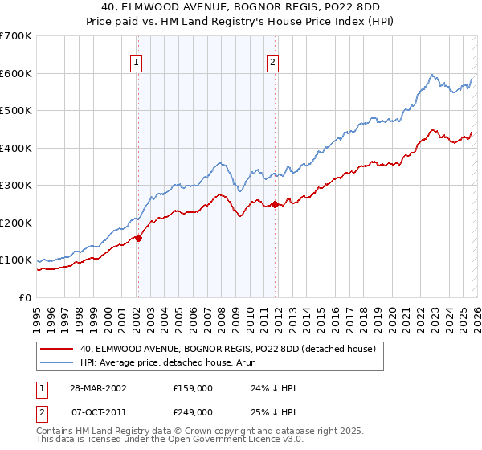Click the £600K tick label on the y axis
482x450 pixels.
pyautogui.click(x=16, y=73)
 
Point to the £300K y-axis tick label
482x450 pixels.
pyautogui.click(x=16, y=186)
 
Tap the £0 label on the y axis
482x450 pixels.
pyautogui.click(x=26, y=298)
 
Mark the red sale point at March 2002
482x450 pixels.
pyautogui.click(x=138, y=238)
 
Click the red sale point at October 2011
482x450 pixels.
pyautogui.click(x=275, y=204)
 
